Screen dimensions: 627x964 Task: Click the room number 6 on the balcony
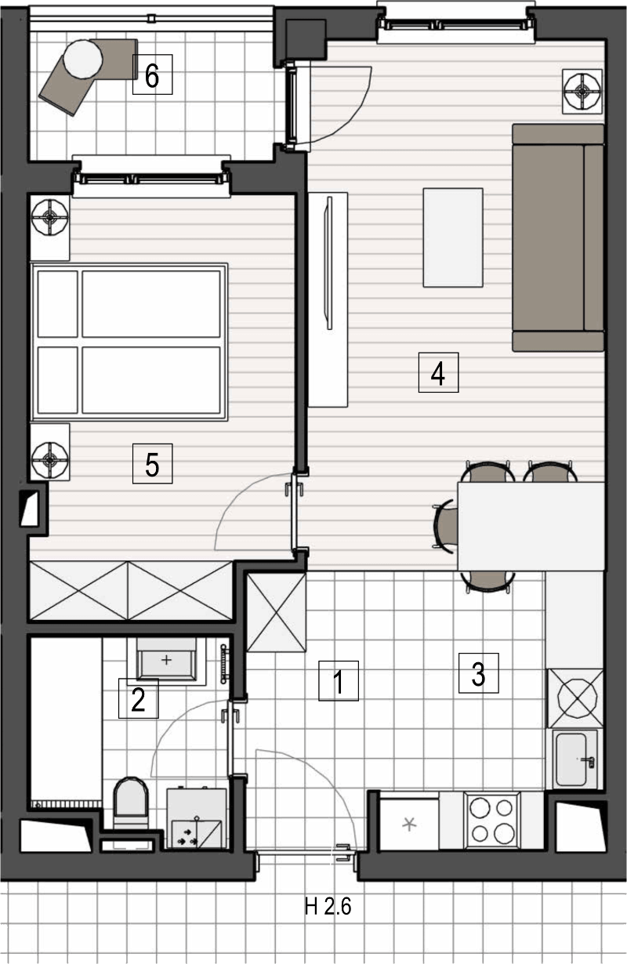point(152,74)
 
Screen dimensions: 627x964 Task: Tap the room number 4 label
point(438,373)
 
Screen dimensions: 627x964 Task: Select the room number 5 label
point(152,464)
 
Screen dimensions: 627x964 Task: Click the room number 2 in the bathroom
point(138,699)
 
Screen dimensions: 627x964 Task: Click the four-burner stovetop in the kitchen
point(492,820)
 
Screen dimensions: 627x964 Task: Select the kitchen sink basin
point(571,759)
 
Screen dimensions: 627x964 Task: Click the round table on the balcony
point(83,59)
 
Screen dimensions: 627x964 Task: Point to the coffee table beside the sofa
point(453,237)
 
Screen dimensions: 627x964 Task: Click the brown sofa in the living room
point(558,237)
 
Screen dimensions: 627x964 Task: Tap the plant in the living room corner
point(582,91)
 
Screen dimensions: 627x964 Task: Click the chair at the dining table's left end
point(445,526)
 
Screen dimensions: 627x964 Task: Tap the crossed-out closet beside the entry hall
point(277,612)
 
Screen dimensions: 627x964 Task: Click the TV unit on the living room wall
point(328,299)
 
